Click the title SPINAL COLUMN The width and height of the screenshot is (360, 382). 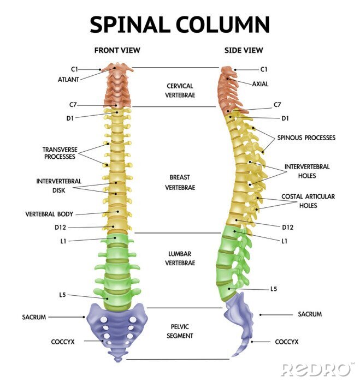click(180, 25)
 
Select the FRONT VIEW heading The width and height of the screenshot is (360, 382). click(117, 50)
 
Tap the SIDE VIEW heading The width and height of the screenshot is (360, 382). click(244, 50)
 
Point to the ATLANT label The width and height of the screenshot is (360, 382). click(68, 79)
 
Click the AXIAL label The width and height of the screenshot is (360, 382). click(260, 84)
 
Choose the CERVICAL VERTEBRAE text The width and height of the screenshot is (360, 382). click(180, 90)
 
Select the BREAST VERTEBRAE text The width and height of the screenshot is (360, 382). click(180, 182)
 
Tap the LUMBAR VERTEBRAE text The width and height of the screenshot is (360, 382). click(180, 258)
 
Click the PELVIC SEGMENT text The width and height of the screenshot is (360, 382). click(180, 331)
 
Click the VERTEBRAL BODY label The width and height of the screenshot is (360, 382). click(49, 214)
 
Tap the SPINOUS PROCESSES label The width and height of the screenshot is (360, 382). click(306, 138)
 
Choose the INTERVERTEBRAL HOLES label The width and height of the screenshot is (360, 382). click(307, 171)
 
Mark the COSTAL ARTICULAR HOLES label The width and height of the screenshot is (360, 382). click(308, 201)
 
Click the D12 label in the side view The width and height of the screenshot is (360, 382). click(288, 227)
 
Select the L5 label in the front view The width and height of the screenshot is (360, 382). click(62, 295)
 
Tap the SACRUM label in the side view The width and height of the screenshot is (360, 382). click(309, 314)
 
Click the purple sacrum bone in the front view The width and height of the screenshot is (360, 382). click(116, 325)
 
